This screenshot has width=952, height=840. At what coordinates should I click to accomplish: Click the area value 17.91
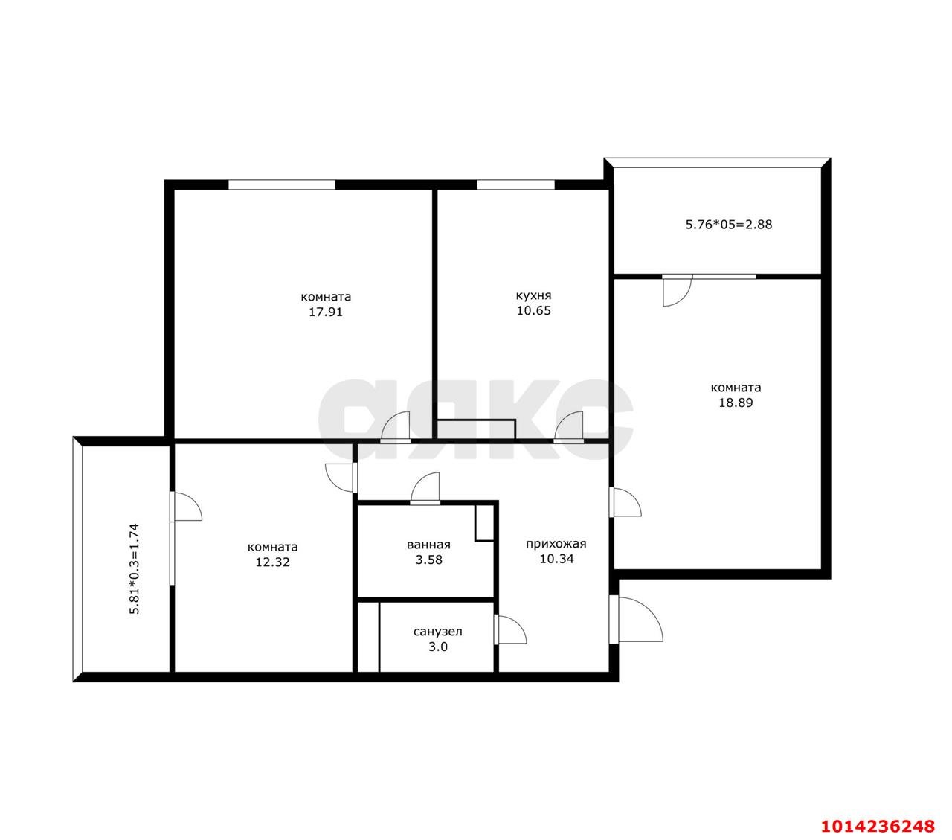(325, 312)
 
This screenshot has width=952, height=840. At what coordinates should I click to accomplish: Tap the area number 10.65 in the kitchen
(533, 311)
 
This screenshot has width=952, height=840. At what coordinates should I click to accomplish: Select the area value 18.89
(736, 403)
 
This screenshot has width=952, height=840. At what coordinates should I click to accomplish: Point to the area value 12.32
(272, 562)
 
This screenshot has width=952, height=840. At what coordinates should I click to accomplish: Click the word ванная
(428, 545)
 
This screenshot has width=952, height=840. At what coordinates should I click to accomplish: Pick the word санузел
(437, 632)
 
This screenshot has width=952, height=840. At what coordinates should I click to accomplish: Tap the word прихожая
(556, 545)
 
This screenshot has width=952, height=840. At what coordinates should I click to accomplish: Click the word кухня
(533, 295)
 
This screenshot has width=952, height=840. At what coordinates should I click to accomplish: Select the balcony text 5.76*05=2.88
(728, 225)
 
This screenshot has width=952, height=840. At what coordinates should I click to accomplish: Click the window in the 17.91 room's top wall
(281, 185)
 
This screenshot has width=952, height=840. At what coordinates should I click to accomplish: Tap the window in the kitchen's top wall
(515, 185)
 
